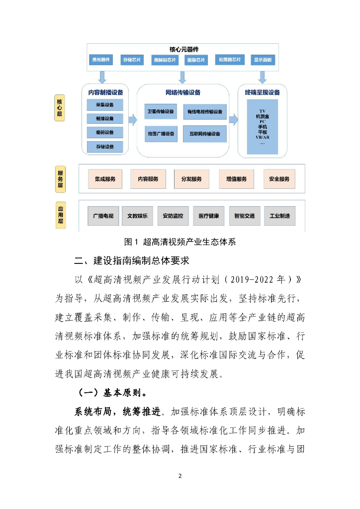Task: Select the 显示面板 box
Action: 262,60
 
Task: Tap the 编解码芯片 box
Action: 164,60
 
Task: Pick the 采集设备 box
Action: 105,105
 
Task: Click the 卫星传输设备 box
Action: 161,112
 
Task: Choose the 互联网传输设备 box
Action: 205,134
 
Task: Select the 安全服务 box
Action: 279,179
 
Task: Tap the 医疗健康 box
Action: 208,216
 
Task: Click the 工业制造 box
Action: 279,216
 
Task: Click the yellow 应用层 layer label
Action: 61,215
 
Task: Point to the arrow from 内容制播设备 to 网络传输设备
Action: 132,120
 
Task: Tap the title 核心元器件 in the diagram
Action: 182,49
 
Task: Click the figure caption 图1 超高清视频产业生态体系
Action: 180,242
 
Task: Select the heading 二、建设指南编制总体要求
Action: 131,261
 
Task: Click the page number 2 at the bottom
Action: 180,476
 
